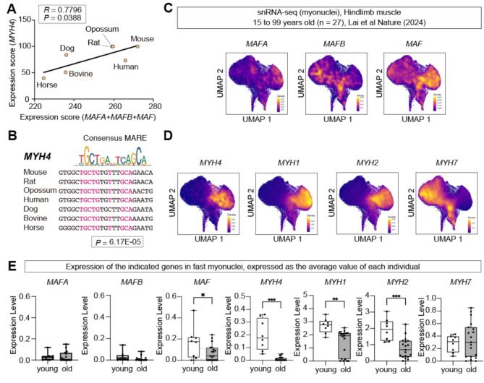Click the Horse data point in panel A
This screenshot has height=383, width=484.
coord(43,78)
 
